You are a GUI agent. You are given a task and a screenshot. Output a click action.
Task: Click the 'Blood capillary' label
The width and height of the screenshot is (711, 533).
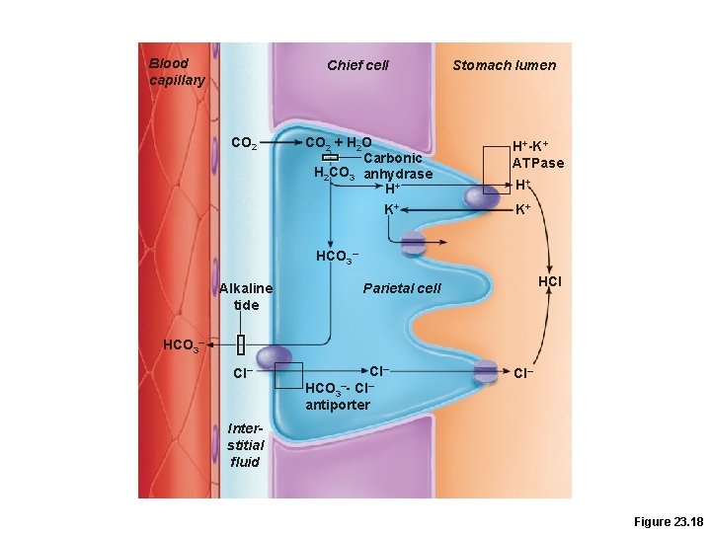(177, 72)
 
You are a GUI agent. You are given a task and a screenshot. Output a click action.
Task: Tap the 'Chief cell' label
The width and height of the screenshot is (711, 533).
(357, 65)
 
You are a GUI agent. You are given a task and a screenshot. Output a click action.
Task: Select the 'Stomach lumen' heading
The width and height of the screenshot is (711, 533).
(504, 65)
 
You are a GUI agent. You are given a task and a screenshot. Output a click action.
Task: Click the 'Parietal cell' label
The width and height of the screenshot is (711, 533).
(402, 288)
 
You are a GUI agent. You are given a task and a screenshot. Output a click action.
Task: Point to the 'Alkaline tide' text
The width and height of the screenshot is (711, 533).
(246, 296)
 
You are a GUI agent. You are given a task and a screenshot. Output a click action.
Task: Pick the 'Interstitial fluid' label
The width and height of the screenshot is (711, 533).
(244, 445)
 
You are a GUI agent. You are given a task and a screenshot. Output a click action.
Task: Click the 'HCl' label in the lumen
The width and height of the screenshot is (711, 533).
(550, 282)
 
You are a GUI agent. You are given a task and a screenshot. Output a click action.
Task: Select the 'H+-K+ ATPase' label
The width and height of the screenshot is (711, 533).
(538, 155)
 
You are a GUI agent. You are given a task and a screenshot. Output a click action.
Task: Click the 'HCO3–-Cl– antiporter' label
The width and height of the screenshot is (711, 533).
(339, 397)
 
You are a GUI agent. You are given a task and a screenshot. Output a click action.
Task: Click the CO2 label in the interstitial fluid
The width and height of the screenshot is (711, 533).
(244, 143)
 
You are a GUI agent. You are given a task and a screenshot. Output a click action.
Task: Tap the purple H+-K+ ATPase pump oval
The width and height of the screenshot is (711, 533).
(482, 196)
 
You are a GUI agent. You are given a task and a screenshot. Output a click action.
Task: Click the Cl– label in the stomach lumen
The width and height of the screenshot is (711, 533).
(523, 373)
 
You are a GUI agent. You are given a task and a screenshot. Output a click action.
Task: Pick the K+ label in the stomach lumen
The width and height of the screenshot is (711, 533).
(523, 209)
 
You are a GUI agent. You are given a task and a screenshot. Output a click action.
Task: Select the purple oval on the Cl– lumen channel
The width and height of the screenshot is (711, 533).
(485, 371)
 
